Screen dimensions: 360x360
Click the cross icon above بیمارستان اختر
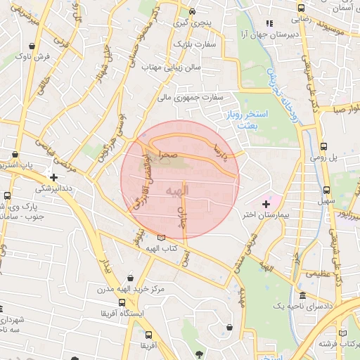[x=265, y=203]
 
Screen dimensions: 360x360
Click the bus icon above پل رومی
[x=324, y=147]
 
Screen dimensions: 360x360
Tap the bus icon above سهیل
[x=328, y=189]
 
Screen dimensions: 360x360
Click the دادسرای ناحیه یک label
[x=298, y=308]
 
